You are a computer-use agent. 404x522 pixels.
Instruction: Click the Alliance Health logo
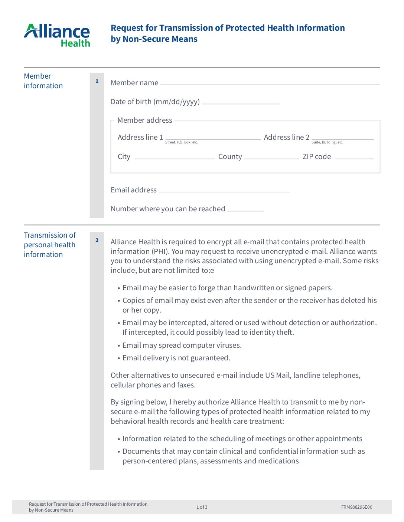click(57, 35)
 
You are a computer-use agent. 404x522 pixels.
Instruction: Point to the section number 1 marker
click(97, 81)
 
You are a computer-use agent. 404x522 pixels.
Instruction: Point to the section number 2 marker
click(97, 240)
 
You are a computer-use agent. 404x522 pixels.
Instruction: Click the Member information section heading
click(43, 81)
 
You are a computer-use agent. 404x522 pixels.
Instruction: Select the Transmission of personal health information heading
click(50, 245)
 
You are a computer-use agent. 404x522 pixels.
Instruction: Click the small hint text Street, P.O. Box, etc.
click(182, 142)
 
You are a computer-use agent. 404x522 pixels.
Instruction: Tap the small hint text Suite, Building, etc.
click(327, 142)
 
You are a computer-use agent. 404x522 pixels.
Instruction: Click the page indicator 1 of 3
click(202, 507)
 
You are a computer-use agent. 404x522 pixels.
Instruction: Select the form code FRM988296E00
click(356, 507)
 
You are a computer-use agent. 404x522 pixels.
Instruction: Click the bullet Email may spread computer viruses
click(182, 345)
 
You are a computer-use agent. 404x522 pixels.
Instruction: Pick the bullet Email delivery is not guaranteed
click(176, 358)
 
